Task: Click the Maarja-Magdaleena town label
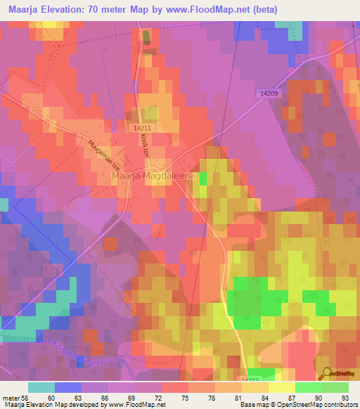pos(153,178)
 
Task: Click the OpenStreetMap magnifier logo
pos(326,375)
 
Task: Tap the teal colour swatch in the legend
pos(41,387)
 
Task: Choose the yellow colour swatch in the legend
pos(282,387)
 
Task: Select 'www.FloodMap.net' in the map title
pos(215,10)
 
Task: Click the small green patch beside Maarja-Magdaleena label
pos(203,179)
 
